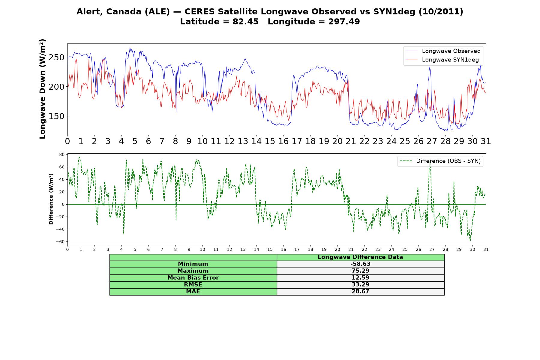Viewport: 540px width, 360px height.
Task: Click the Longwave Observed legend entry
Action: pyautogui.click(x=443, y=51)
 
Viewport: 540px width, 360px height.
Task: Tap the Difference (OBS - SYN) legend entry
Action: pyautogui.click(x=440, y=161)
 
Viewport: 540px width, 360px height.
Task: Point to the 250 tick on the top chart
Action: pyautogui.click(x=56, y=57)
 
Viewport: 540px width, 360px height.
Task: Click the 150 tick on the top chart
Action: pyautogui.click(x=56, y=116)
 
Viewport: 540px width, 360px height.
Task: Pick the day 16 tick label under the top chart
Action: pyautogui.click(x=283, y=141)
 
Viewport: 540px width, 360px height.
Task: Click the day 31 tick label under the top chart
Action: pyautogui.click(x=486, y=141)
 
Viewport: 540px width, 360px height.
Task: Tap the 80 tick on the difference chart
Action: pyautogui.click(x=62, y=154)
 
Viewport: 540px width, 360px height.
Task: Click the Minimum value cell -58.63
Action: pyautogui.click(x=360, y=264)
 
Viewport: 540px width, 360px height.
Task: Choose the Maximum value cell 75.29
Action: pyautogui.click(x=360, y=271)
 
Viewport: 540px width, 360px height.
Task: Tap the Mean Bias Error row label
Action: pyautogui.click(x=193, y=278)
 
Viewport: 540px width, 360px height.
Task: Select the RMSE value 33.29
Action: pyautogui.click(x=360, y=285)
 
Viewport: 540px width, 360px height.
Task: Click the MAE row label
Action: pyautogui.click(x=193, y=292)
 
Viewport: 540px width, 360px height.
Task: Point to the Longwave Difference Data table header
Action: pyautogui.click(x=360, y=257)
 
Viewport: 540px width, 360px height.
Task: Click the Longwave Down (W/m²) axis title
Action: pyautogui.click(x=42, y=89)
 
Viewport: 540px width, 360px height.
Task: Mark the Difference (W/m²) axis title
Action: pyautogui.click(x=51, y=199)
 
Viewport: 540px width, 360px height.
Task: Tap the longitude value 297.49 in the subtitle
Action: pyautogui.click(x=344, y=22)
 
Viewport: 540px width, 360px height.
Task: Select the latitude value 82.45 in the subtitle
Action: pyautogui.click(x=245, y=22)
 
